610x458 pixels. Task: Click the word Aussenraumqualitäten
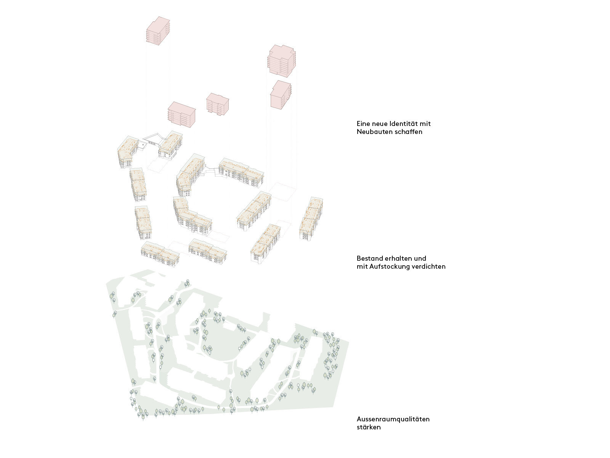(393, 419)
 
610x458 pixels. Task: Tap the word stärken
(369, 427)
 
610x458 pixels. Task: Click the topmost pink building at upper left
(158, 31)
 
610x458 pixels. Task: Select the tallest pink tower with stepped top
(281, 61)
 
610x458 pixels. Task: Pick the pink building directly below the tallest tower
(281, 95)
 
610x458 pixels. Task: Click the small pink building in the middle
(217, 104)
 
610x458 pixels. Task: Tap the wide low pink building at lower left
(181, 114)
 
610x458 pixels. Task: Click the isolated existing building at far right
(311, 218)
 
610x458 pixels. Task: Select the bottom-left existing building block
(160, 254)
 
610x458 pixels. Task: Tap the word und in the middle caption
(420, 258)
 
